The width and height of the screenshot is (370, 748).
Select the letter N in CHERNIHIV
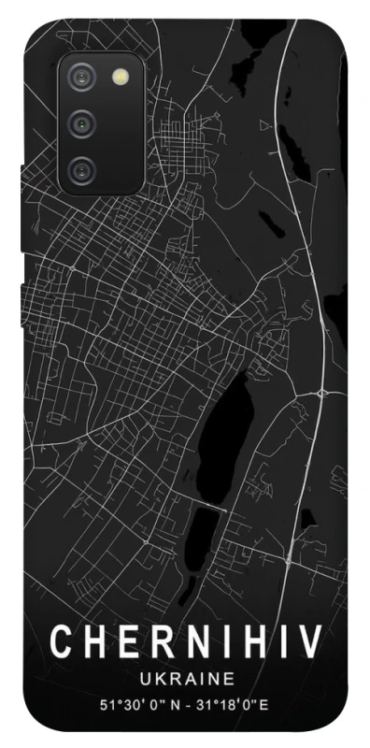[x=191, y=642]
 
